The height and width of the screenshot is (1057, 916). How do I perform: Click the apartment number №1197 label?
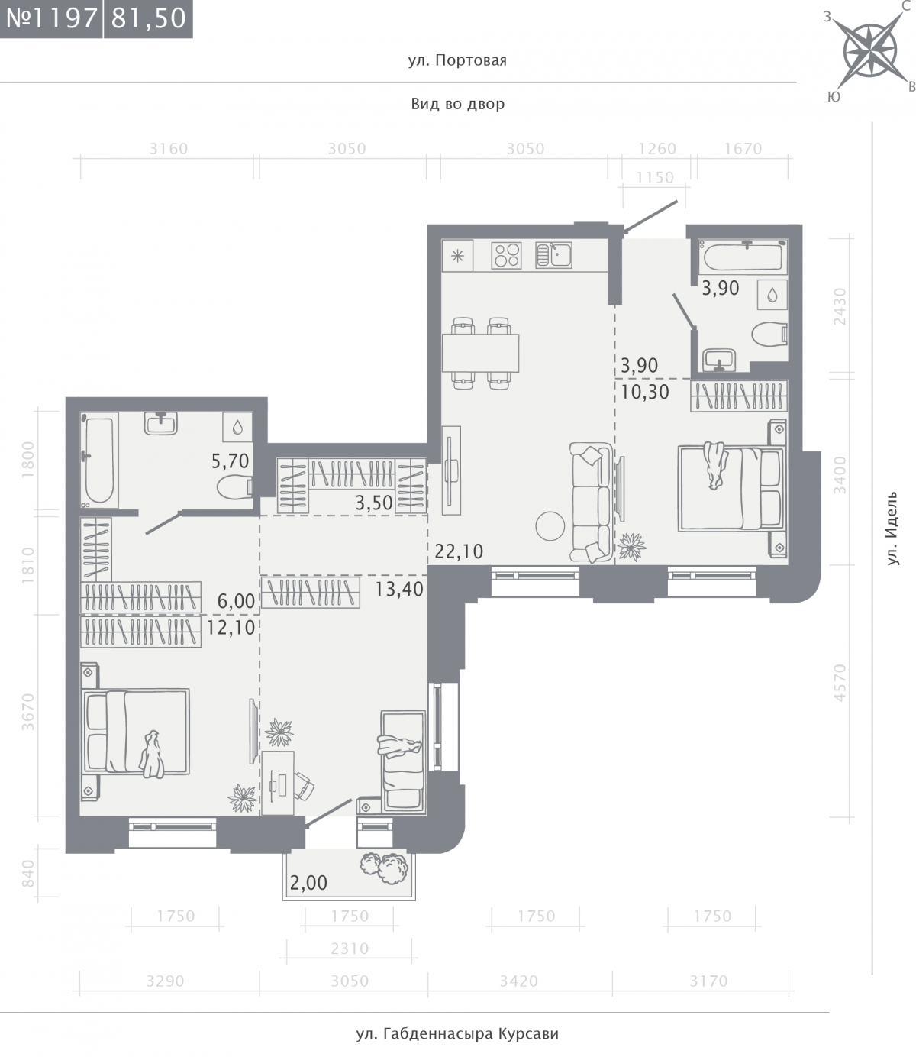pos(52,18)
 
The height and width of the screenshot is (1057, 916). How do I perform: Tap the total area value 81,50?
pos(149,18)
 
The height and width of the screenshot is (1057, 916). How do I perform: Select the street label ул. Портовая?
pos(457,60)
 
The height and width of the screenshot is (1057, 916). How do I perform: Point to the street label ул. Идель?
pos(892,528)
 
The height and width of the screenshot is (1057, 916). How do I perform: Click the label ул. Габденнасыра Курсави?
pos(457,1033)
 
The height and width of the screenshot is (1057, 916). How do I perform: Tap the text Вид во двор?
pos(458,104)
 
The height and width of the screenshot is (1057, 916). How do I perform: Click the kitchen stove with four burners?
pos(506,255)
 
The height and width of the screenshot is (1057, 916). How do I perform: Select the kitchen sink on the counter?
pos(553,254)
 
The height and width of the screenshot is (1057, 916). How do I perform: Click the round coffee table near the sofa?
pos(550,525)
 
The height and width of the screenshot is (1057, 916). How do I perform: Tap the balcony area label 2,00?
pos(308,883)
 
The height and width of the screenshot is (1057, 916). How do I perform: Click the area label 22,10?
pos(459,551)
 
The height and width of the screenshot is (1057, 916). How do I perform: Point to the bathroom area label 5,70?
pos(230,461)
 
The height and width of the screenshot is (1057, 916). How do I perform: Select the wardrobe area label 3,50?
pos(374,503)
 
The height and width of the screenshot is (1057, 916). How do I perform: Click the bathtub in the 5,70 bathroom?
pos(99,461)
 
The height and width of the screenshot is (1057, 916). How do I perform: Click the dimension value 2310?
pos(350,949)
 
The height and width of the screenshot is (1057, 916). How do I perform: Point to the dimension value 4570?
pos(840,683)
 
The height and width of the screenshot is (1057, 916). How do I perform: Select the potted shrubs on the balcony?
pos(385,868)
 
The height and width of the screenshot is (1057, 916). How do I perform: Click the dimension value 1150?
pos(655,177)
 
